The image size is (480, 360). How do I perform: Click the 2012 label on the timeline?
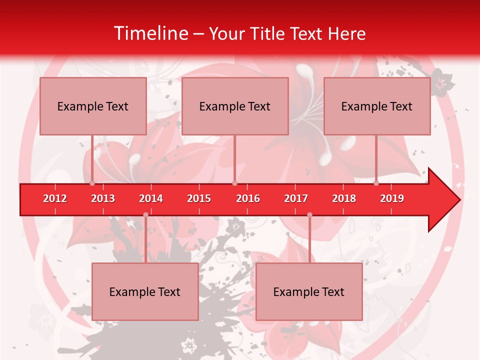tap(55, 198)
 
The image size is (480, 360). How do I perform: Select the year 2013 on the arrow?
tap(103, 198)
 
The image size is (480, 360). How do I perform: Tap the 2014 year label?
tap(151, 198)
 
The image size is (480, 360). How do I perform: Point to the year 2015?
tap(199, 198)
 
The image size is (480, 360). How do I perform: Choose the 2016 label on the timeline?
tap(248, 198)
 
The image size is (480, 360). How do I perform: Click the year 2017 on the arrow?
tap(296, 198)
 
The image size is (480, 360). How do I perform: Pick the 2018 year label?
tap(344, 198)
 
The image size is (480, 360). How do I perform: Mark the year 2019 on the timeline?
tap(392, 198)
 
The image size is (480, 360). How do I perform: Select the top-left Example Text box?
tap(93, 106)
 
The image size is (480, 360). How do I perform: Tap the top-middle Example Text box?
tap(235, 106)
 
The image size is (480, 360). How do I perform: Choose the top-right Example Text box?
tap(377, 106)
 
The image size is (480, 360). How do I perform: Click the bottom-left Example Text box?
tap(145, 291)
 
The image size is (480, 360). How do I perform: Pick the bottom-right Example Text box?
tap(309, 291)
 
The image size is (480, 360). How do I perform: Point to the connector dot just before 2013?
tap(92, 183)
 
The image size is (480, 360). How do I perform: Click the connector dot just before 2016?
tap(234, 183)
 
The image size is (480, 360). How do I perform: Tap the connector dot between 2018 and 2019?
tap(376, 183)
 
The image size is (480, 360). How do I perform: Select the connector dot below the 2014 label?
tap(145, 215)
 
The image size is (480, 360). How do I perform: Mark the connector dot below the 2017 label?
tap(309, 215)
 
